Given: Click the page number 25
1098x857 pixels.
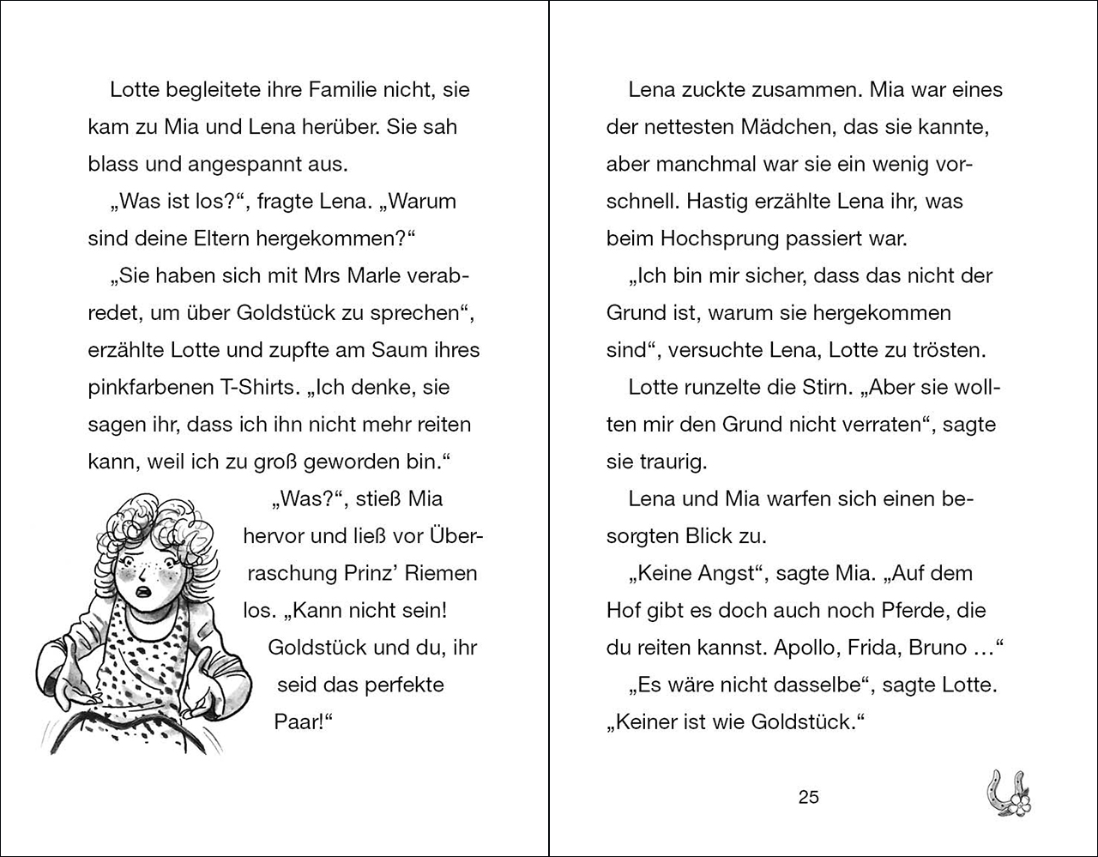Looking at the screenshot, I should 808,797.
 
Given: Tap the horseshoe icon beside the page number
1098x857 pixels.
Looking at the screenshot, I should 1007,791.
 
